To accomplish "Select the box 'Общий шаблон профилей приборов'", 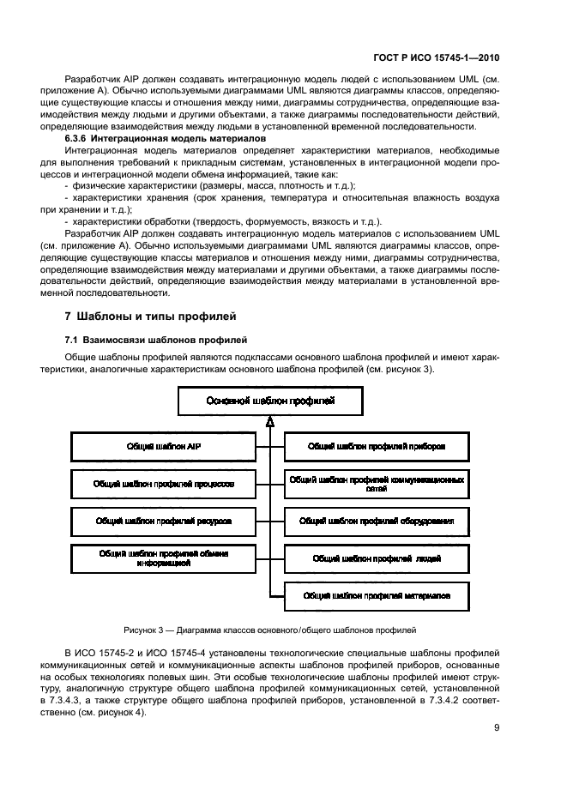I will pos(376,447).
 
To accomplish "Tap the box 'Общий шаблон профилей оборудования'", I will pos(376,521).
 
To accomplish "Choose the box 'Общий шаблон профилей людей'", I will pos(376,558).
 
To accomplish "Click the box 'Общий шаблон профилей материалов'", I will pos(376,594).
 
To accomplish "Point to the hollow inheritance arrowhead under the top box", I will pos(269,422).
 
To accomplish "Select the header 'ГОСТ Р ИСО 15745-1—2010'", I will pos(440,58).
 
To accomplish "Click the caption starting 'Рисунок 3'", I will pos(269,629).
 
